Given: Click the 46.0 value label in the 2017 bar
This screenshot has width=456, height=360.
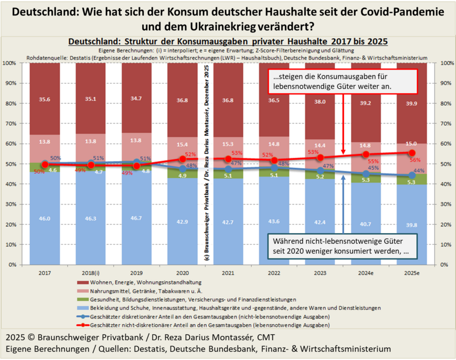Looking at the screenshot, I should click(45, 219).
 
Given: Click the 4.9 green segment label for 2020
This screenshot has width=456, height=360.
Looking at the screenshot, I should click(183, 176).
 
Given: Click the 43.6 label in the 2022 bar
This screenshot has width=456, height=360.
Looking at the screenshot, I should click(274, 222).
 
